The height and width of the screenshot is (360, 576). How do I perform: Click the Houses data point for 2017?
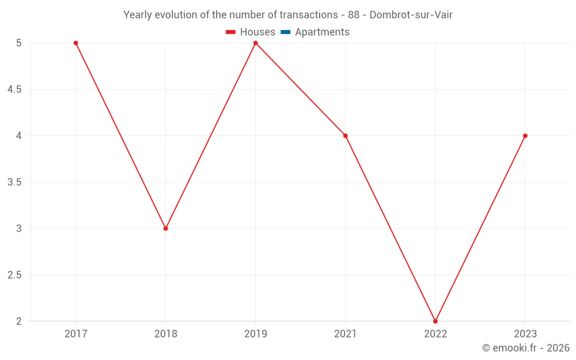coord(75,43)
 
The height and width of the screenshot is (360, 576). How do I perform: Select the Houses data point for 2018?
coord(165,229)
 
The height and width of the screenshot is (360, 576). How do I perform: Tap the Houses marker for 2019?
coord(255,43)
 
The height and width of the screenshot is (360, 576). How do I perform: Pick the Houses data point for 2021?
coord(345,136)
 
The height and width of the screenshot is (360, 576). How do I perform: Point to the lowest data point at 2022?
coord(435,321)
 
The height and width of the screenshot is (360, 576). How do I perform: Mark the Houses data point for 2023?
coord(525,136)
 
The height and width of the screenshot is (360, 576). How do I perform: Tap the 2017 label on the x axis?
coord(75,334)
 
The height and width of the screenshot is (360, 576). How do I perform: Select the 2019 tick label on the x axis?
coord(255,334)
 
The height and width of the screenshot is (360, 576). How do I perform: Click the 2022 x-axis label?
coord(435,334)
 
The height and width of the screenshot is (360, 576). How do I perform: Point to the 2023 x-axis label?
coord(525,334)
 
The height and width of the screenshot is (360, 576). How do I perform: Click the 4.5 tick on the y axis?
coord(14,90)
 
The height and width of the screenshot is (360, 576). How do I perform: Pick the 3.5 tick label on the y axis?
coord(14,183)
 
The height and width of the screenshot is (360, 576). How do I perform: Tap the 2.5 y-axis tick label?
coord(14,275)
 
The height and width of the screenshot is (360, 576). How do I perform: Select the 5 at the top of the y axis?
coord(18,43)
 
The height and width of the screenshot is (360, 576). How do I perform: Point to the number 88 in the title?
coord(354,15)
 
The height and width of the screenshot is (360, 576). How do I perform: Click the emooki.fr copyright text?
coord(526,348)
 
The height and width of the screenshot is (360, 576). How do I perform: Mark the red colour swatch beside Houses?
coord(231,32)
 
